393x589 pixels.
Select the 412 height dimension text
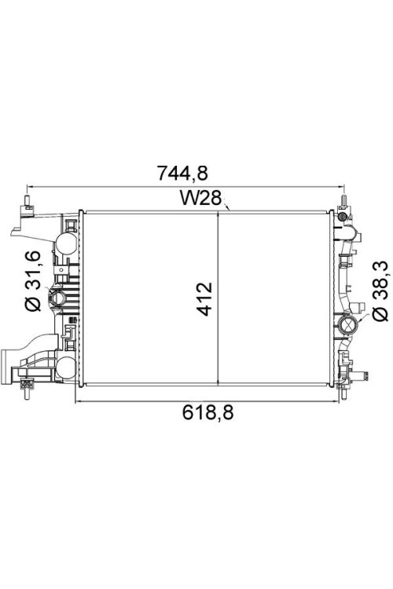point(206,298)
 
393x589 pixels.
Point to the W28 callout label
point(201,198)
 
